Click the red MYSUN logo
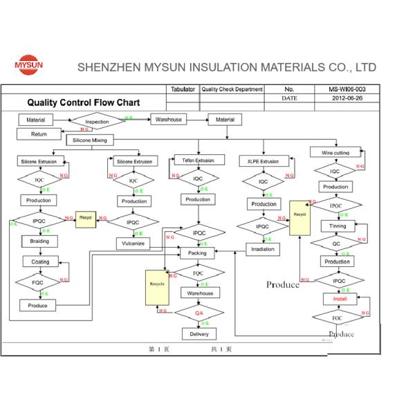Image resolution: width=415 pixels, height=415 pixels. (28, 66)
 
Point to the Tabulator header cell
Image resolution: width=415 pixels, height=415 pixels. (184, 89)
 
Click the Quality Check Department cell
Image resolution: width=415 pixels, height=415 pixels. (232, 89)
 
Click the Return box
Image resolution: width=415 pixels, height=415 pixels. (39, 134)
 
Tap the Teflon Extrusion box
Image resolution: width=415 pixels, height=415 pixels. (194, 160)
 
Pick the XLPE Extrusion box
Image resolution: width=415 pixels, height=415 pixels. (263, 161)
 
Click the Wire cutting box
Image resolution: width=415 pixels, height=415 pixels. (335, 152)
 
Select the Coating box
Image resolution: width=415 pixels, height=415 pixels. (40, 261)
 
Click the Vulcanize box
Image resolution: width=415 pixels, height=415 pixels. (133, 243)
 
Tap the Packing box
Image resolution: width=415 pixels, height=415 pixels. (197, 253)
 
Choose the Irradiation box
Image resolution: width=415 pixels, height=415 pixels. (264, 249)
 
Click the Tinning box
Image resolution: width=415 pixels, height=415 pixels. (338, 226)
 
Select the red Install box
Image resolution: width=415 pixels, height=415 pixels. (340, 299)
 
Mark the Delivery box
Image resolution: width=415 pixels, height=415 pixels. (199, 334)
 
